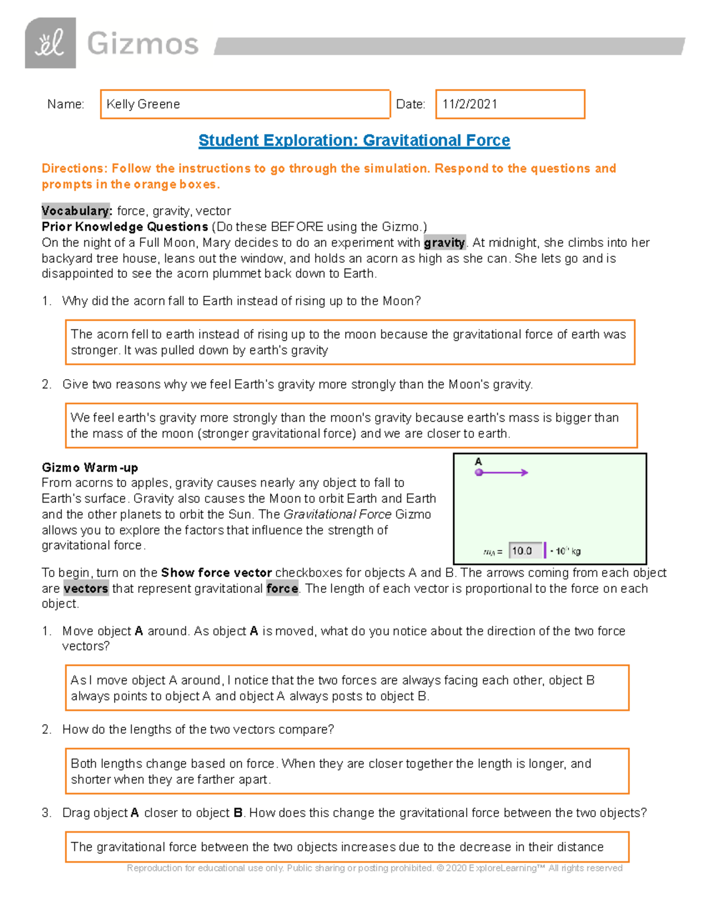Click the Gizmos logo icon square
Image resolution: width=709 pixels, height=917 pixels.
point(50,43)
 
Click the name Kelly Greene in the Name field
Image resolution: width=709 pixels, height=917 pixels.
point(143,105)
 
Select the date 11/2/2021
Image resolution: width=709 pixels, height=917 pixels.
point(470,105)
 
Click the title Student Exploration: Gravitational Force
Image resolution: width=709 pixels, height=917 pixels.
point(354,141)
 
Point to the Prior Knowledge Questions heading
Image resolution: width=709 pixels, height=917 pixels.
point(125,227)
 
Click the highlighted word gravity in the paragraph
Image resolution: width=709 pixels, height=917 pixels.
point(444,243)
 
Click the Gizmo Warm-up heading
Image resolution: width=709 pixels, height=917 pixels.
point(90,468)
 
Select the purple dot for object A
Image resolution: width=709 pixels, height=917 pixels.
point(479,472)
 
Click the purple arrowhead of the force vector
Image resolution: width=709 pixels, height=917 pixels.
point(524,472)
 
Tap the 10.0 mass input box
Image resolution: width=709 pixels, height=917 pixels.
point(525,551)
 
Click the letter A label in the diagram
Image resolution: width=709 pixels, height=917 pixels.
point(478,462)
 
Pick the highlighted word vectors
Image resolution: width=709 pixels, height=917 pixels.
point(86,589)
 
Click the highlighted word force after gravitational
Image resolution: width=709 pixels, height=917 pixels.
point(282,589)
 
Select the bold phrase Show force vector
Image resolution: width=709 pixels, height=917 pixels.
point(216,573)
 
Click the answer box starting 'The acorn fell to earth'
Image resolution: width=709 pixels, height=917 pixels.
point(350,342)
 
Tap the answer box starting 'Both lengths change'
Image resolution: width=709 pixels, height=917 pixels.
point(347,771)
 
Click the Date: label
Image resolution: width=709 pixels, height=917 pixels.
point(411,105)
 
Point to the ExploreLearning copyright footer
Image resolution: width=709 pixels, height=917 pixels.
point(375,868)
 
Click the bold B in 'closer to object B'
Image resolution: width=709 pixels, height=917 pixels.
point(238,813)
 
